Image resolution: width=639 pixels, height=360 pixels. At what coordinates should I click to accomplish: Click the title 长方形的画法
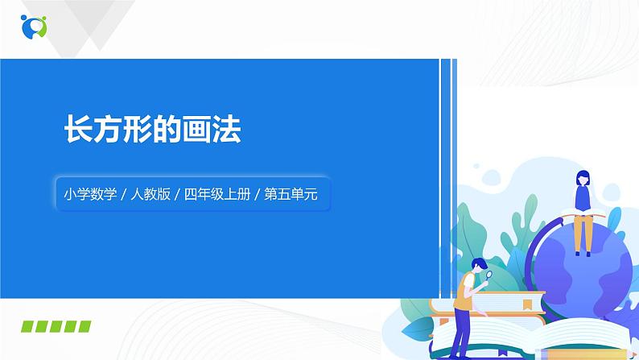[x=152, y=130]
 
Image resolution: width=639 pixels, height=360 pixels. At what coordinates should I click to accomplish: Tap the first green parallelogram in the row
[x=29, y=325]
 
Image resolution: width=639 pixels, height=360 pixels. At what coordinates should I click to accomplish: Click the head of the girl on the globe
[x=580, y=177]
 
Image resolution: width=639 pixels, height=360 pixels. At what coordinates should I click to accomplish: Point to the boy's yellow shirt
[x=465, y=291]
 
